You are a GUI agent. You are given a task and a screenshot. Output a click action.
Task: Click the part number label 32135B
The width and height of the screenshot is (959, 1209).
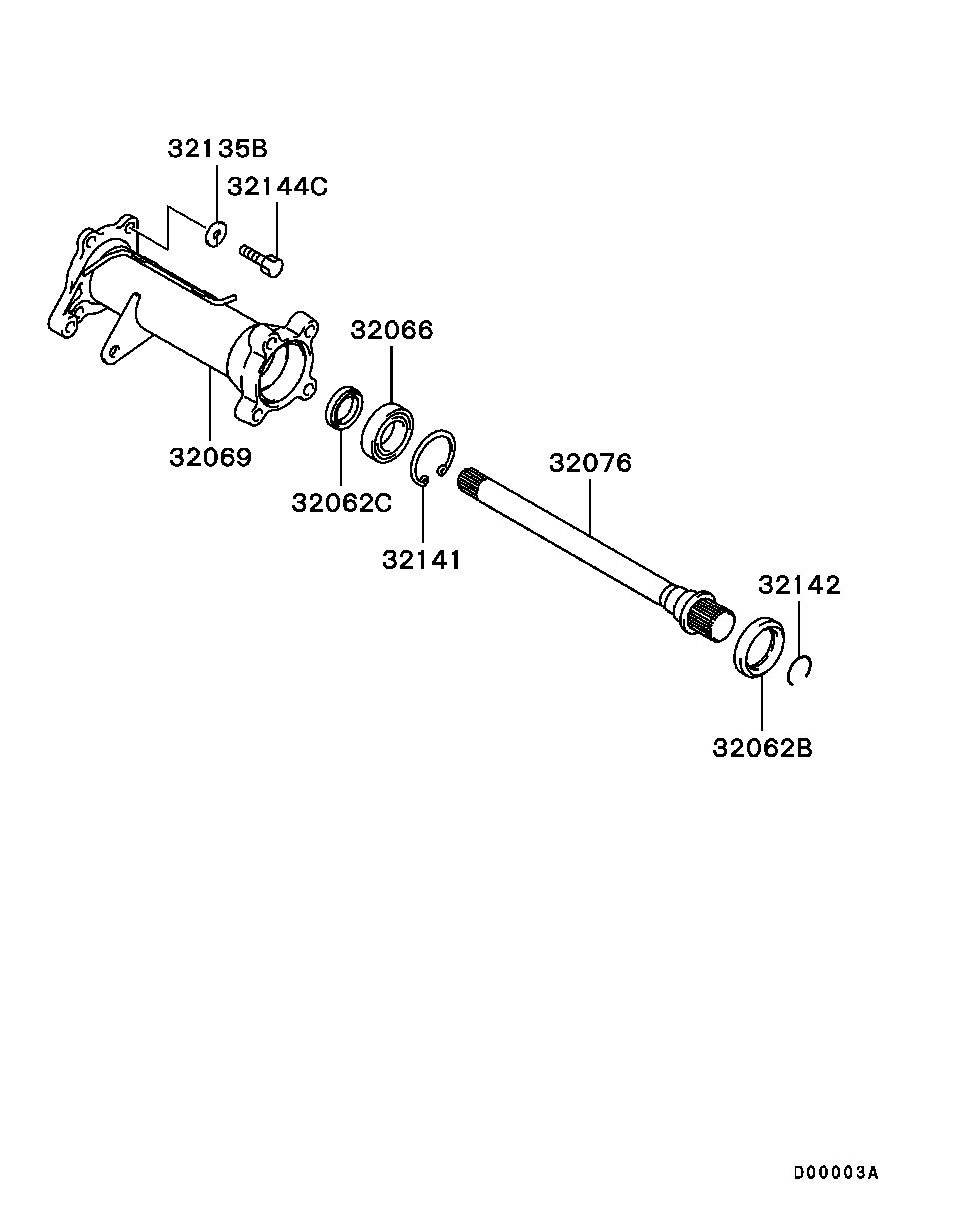217,149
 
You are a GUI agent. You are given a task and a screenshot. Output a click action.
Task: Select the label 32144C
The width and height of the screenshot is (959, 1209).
277,187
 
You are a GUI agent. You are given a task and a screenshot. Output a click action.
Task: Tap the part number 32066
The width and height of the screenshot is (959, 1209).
392,330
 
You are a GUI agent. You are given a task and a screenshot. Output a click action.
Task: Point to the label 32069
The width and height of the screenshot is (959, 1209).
210,457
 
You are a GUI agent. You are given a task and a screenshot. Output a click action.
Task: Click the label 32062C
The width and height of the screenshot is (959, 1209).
342,502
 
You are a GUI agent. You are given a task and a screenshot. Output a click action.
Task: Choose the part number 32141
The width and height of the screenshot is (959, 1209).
422,560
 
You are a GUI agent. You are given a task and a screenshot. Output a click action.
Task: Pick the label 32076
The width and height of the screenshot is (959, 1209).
590,463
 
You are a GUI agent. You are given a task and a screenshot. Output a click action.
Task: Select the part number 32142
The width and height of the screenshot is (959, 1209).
799,585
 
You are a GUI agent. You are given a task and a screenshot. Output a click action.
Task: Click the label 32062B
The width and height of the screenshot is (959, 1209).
762,747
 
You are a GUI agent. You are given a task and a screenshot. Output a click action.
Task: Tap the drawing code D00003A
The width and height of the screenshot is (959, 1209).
836,1173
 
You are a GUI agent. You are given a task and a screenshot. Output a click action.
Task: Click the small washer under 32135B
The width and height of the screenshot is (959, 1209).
216,236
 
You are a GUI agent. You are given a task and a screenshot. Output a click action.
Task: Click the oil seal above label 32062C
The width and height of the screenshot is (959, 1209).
345,406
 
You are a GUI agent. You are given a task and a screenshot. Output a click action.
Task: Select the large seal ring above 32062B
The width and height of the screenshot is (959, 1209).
759,648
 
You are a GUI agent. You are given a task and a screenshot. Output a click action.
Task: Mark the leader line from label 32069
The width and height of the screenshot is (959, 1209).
210,405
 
